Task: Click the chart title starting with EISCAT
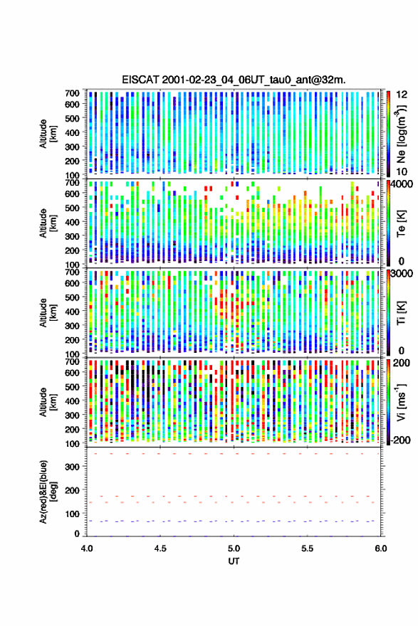(234, 80)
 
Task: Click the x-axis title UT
(234, 561)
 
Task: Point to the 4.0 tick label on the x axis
(87, 548)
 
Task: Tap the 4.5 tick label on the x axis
(160, 548)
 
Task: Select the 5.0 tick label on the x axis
(234, 548)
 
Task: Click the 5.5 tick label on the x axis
(308, 548)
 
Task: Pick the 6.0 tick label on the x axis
(381, 548)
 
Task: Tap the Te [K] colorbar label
(401, 223)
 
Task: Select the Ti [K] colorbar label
(401, 313)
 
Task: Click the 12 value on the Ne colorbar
(402, 95)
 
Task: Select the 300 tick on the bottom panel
(72, 467)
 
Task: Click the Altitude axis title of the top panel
(48, 134)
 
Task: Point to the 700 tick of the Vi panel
(72, 361)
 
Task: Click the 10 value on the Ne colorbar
(402, 171)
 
